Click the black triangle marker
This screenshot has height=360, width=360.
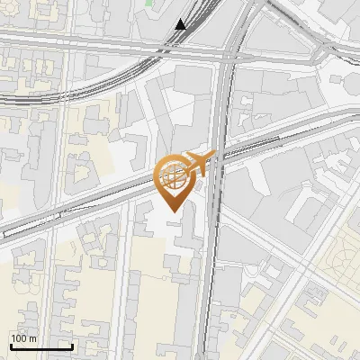[x=181, y=24]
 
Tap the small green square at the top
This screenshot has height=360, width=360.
[x=148, y=3]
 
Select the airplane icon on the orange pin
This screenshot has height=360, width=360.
[x=199, y=163]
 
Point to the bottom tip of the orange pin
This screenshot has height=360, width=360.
[x=173, y=211]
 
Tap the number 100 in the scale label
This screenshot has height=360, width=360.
[x=19, y=338]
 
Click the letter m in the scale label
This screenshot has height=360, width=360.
[x=33, y=338]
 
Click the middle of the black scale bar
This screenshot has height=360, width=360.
[x=41, y=346]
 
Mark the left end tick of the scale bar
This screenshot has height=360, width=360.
[x=11, y=346]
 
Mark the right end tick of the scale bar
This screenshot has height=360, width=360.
[x=72, y=346]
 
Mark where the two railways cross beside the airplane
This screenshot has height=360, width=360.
[x=217, y=157]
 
